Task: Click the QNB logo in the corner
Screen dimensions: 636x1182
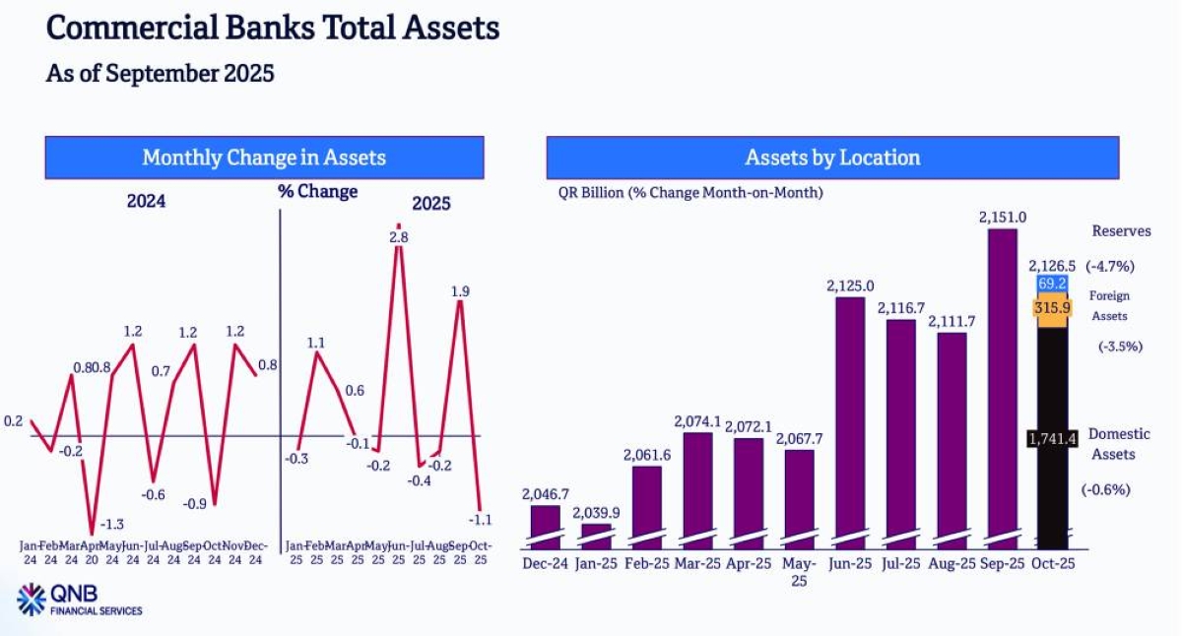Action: pos(33,599)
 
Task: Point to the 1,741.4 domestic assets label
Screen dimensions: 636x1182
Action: pos(1049,437)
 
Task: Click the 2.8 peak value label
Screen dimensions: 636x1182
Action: pos(398,237)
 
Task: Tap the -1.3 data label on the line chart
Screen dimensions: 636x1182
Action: pos(111,523)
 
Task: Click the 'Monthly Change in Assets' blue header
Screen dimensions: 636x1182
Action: pos(264,158)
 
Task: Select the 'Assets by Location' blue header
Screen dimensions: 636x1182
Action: pos(832,158)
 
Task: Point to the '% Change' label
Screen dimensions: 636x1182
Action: pos(317,191)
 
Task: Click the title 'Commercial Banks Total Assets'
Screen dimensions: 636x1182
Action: pos(273,28)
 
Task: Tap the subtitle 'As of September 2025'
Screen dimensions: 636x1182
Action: pos(160,73)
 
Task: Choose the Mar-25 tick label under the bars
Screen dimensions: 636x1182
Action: pos(698,563)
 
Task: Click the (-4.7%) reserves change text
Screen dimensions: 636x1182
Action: pos(1110,266)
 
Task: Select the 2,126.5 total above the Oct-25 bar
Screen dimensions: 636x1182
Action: pos(1051,266)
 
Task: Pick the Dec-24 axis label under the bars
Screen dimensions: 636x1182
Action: pos(545,563)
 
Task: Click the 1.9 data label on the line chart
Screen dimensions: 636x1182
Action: pos(460,290)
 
